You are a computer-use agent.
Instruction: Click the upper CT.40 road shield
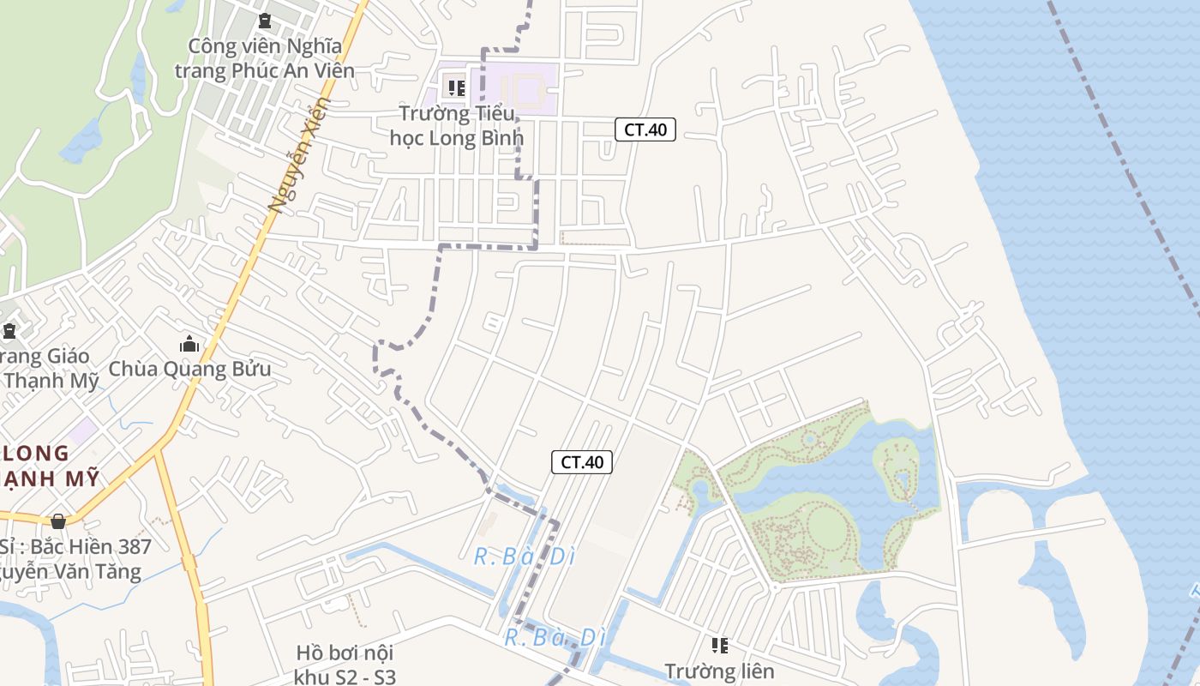pos(645,129)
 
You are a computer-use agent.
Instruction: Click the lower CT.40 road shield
pos(581,462)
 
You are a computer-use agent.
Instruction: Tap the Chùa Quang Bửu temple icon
pos(189,345)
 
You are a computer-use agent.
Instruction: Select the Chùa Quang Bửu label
pos(189,370)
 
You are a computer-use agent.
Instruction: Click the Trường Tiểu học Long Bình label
pos(456,125)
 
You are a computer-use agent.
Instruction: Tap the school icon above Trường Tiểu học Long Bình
pos(456,87)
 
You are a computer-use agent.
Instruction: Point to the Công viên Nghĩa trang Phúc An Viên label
pos(265,58)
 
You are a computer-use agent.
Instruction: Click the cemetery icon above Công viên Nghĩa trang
pos(265,20)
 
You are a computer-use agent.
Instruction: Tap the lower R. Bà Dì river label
pos(555,638)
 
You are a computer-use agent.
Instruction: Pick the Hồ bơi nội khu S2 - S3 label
pos(345,665)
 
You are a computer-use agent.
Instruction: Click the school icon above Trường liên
pos(719,645)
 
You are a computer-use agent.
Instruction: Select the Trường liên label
pos(719,671)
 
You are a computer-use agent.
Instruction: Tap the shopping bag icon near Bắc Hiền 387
pos(58,521)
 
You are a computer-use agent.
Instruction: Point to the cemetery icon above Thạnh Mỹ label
pos(9,330)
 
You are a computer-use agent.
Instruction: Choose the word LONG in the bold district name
pos(36,454)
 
